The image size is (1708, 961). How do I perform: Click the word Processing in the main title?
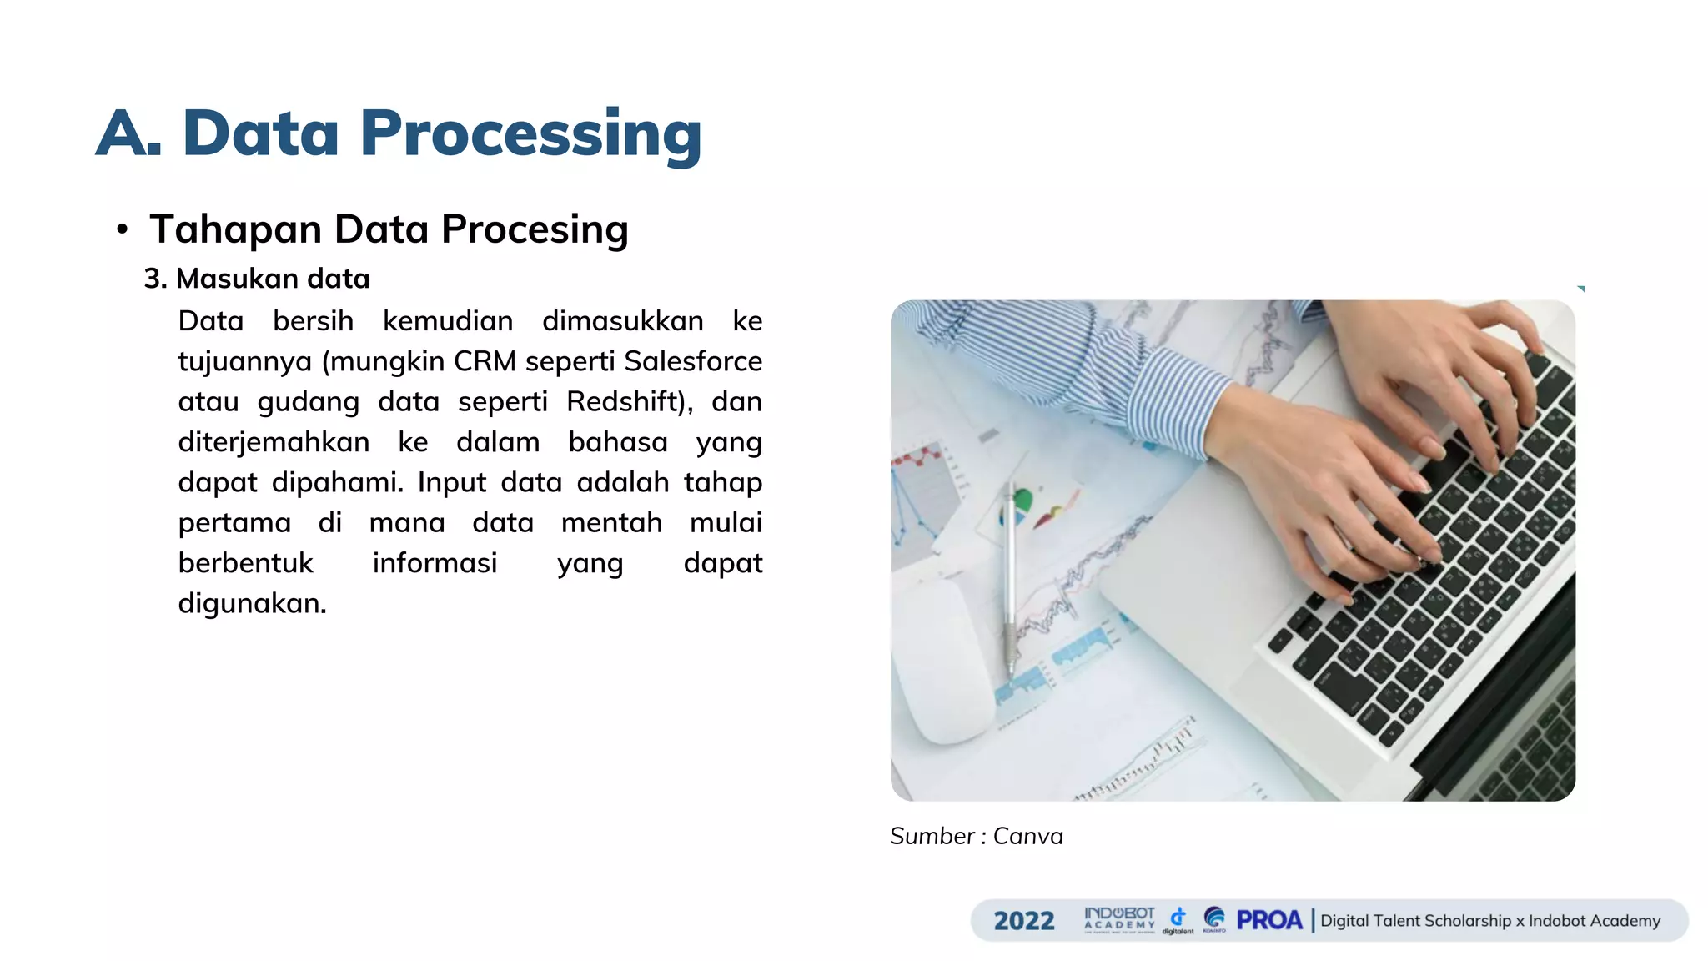[x=530, y=134]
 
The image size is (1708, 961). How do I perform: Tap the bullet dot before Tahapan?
[x=123, y=229]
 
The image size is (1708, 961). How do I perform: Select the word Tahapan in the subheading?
[x=235, y=229]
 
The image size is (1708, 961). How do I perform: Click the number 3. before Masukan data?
[x=155, y=279]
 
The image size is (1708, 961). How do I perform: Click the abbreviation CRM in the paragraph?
[x=485, y=361]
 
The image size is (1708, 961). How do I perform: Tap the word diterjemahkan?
[x=274, y=442]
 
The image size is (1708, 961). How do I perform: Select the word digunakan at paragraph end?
[x=251, y=603]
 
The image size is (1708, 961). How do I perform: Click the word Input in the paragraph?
[x=451, y=482]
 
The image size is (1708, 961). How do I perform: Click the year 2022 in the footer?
[x=1024, y=921]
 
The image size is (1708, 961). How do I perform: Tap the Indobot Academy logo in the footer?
[x=1119, y=919]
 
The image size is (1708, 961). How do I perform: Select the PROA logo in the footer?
[x=1268, y=920]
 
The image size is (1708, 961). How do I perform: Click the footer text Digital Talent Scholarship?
[x=1415, y=921]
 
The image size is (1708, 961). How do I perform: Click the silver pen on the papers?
[x=1009, y=576]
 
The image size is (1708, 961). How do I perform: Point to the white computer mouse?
[x=947, y=659]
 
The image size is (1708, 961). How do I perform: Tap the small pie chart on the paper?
[x=1022, y=503]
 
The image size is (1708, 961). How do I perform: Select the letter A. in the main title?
[x=128, y=134]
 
